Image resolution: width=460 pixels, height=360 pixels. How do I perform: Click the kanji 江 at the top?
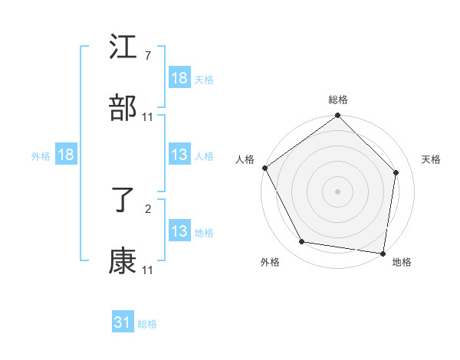(123, 50)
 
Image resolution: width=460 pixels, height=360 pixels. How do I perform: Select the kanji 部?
(123, 109)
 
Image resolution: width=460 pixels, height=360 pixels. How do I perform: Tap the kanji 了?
(123, 202)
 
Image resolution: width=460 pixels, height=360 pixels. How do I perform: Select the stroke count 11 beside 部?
(148, 117)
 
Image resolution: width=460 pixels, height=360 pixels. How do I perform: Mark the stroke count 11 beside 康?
(148, 270)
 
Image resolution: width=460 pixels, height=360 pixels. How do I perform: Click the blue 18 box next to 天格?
(179, 78)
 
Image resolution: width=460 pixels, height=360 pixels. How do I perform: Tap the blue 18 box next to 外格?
(66, 155)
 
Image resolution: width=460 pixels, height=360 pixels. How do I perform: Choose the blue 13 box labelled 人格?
(179, 155)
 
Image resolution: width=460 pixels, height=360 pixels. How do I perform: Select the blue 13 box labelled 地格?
(179, 231)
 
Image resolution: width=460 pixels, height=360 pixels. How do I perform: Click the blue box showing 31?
(123, 322)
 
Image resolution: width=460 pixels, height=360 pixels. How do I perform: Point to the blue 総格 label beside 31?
(147, 324)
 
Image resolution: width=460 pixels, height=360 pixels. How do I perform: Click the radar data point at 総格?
(338, 116)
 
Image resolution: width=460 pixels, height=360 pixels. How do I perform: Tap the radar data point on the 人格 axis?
(265, 168)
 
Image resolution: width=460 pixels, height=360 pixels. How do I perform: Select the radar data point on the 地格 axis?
(383, 253)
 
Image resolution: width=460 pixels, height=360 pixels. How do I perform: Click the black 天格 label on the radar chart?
(432, 159)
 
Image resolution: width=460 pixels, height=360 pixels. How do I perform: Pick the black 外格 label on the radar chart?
(270, 262)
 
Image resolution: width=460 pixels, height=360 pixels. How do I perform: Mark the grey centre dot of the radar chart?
(338, 191)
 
